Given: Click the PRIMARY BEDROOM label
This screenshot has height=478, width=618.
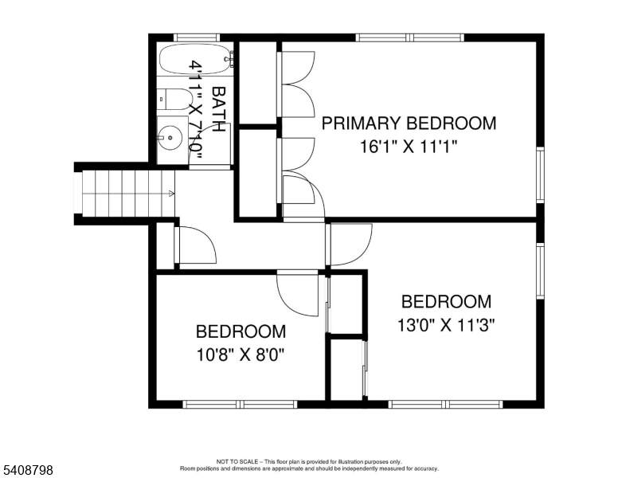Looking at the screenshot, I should tap(409, 123).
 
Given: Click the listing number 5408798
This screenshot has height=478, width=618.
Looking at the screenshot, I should tap(27, 471).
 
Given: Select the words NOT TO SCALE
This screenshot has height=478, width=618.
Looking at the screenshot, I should tap(236, 461).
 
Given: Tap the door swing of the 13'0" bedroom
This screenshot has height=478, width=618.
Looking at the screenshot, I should tap(350, 245).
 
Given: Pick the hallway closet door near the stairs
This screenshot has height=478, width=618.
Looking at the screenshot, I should tap(194, 245).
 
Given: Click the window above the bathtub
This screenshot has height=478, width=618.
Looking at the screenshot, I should tap(196, 37).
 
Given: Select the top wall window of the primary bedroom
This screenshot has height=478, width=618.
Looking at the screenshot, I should tap(409, 37).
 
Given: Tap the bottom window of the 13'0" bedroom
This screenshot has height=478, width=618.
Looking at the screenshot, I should tap(446, 404).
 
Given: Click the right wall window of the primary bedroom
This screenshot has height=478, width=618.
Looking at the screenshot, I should tap(540, 174).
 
